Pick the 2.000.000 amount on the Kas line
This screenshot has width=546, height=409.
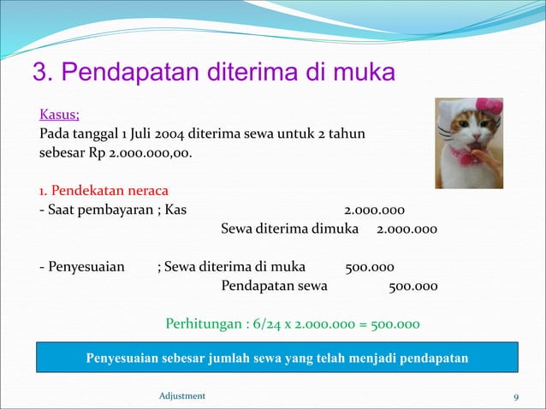(374, 210)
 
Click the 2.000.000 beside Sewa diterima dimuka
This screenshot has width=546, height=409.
(407, 229)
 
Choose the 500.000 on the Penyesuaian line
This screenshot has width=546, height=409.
(369, 266)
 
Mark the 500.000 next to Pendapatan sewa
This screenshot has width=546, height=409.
(413, 286)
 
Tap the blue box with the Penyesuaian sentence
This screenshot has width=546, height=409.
(276, 357)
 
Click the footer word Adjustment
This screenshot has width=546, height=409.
(182, 395)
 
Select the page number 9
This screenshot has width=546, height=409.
(516, 395)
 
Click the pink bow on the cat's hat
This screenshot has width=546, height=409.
(490, 109)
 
